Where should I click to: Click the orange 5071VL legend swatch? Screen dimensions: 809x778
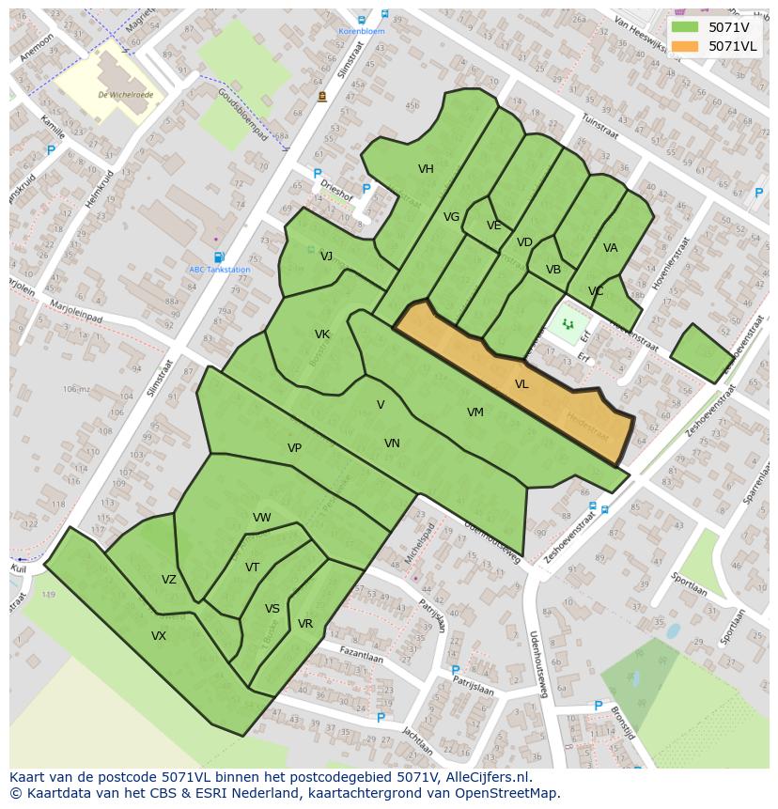click(x=685, y=46)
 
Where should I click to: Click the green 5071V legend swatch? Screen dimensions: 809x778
click(x=685, y=27)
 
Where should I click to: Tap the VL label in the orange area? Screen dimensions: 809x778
click(x=521, y=384)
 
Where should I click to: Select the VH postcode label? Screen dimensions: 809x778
click(x=426, y=169)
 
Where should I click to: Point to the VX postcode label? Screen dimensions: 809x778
click(x=159, y=636)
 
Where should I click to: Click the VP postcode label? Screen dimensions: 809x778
click(x=294, y=448)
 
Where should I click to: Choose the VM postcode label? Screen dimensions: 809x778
click(x=475, y=412)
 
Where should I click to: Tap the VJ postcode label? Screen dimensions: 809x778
click(x=326, y=257)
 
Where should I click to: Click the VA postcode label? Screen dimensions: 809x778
click(x=611, y=248)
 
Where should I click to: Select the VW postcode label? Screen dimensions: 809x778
click(x=261, y=518)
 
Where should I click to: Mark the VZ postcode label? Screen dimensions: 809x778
click(x=168, y=580)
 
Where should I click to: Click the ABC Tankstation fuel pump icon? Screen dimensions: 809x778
click(x=219, y=257)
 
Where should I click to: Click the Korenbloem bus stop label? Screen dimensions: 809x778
click(x=362, y=31)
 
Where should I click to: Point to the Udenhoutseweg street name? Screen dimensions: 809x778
click(x=540, y=663)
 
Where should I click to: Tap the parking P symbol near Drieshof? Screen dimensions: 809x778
click(x=318, y=174)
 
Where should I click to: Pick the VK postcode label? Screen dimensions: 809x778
click(x=321, y=334)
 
